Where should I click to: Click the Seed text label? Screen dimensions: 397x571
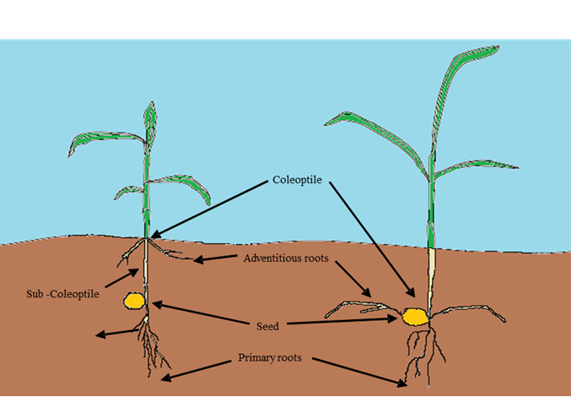(x=267, y=325)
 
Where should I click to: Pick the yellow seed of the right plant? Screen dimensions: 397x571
(x=414, y=316)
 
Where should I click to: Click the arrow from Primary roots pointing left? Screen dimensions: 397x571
(x=197, y=369)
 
